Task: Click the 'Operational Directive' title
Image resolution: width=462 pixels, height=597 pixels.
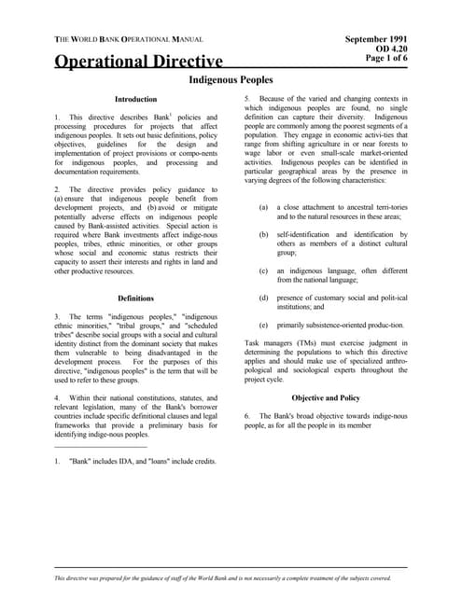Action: point(139,62)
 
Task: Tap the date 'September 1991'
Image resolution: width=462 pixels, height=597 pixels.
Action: point(375,39)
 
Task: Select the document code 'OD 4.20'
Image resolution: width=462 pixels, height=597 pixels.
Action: point(389,49)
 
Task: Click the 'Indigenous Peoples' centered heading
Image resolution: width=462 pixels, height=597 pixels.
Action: point(231,81)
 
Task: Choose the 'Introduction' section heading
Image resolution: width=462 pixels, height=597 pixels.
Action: point(135,98)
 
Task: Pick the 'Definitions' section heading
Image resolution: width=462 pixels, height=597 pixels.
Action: point(135,298)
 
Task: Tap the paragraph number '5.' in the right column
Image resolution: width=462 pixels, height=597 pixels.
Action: point(247,98)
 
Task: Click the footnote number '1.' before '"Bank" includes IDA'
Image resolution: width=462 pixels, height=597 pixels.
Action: point(58,462)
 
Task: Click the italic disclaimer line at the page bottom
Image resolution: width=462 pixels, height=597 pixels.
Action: point(231,579)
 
